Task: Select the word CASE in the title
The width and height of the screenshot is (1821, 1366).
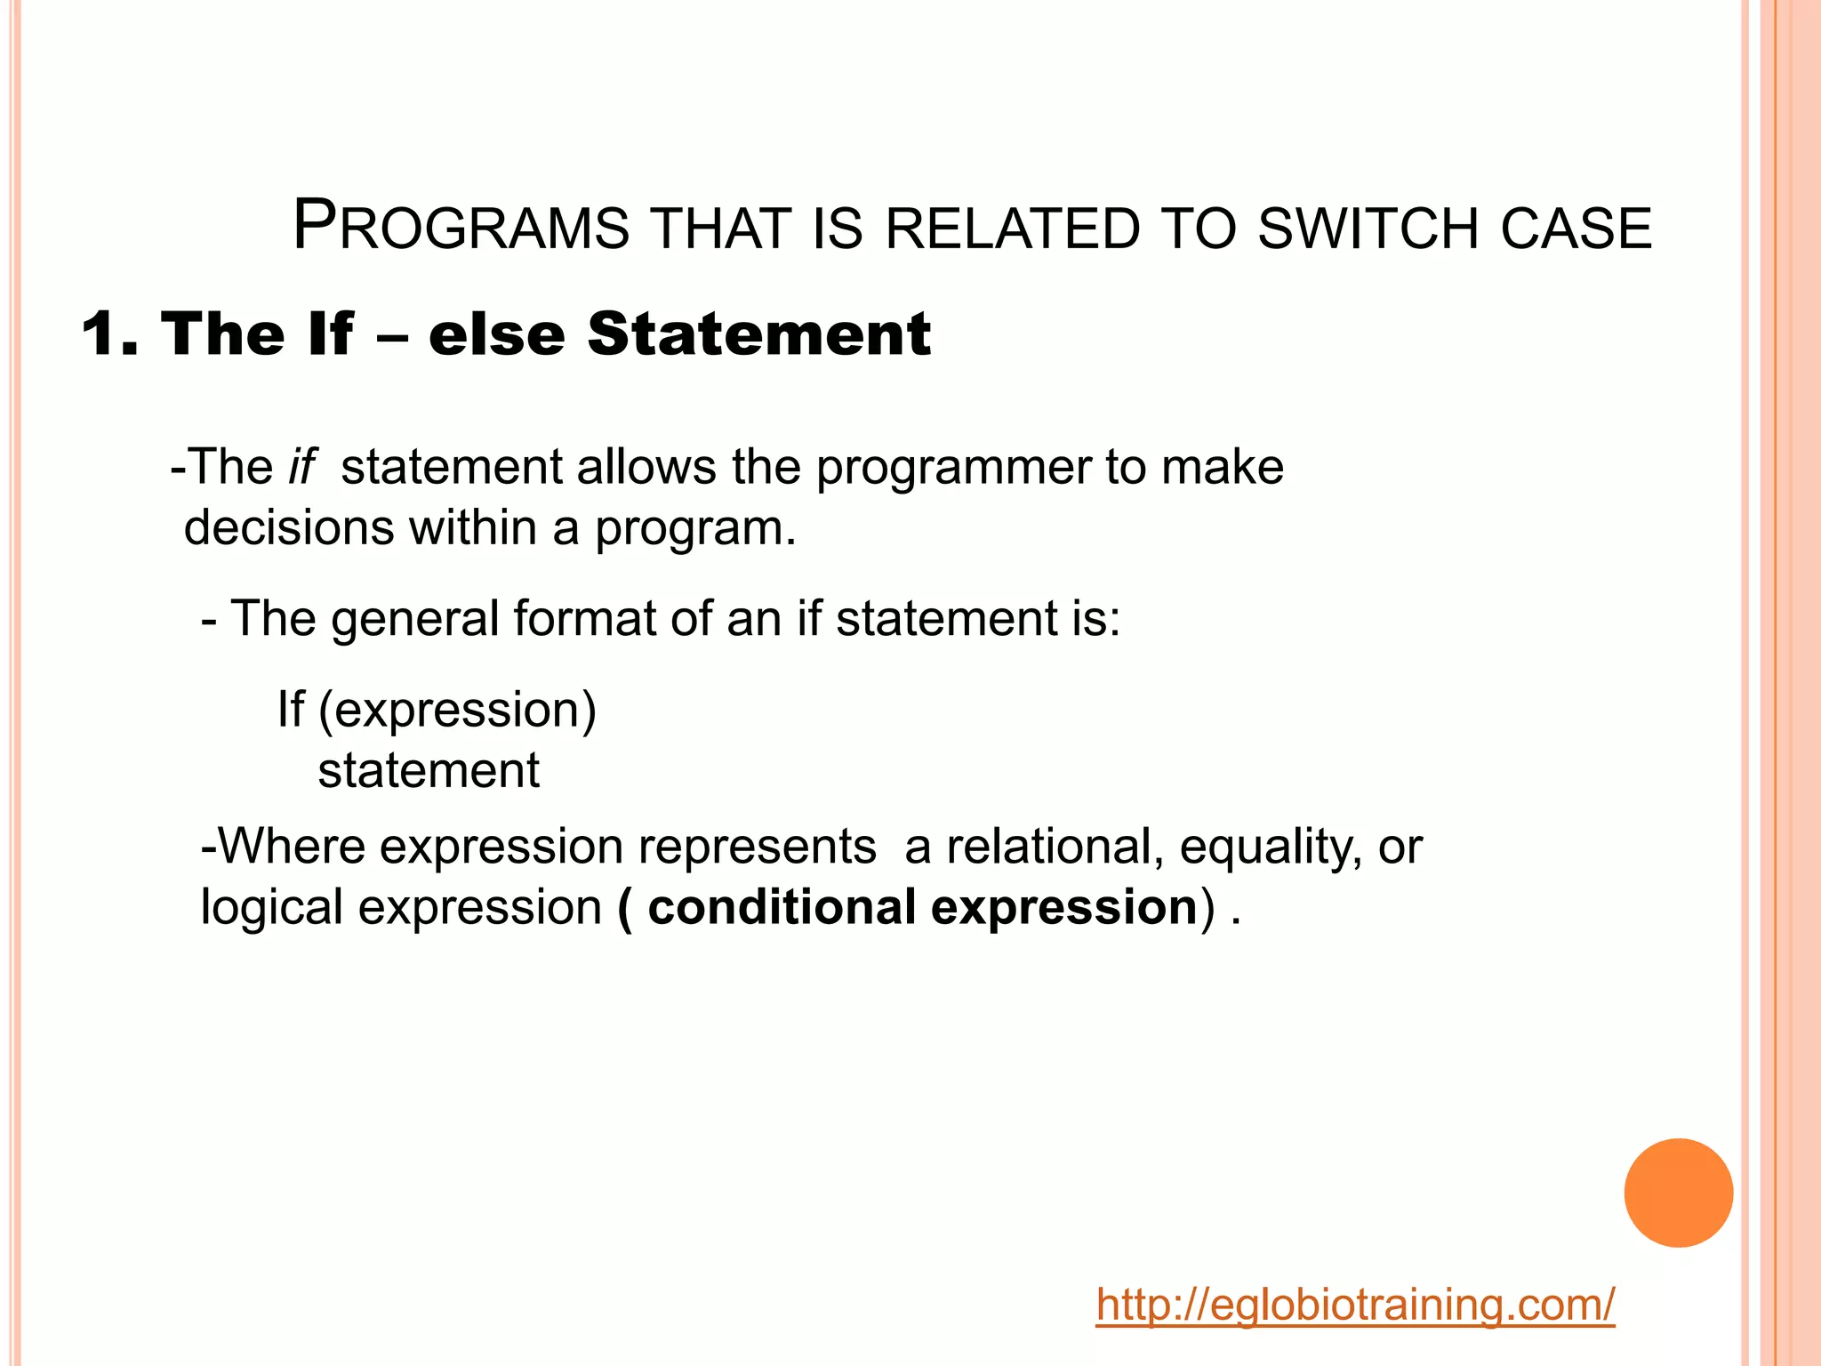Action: point(1576,229)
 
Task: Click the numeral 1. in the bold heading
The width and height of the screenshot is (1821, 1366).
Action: point(110,334)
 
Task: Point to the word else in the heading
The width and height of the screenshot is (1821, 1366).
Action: point(496,334)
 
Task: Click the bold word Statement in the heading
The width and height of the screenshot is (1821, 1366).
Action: point(758,334)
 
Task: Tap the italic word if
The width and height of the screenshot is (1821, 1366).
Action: point(301,466)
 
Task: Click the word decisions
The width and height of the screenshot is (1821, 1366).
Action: point(287,527)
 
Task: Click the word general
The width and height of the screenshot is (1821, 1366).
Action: point(414,620)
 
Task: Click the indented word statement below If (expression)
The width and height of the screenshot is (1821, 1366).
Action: point(429,770)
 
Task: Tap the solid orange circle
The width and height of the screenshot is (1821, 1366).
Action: point(1678,1193)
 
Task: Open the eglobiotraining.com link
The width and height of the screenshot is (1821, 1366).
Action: point(1354,1306)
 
